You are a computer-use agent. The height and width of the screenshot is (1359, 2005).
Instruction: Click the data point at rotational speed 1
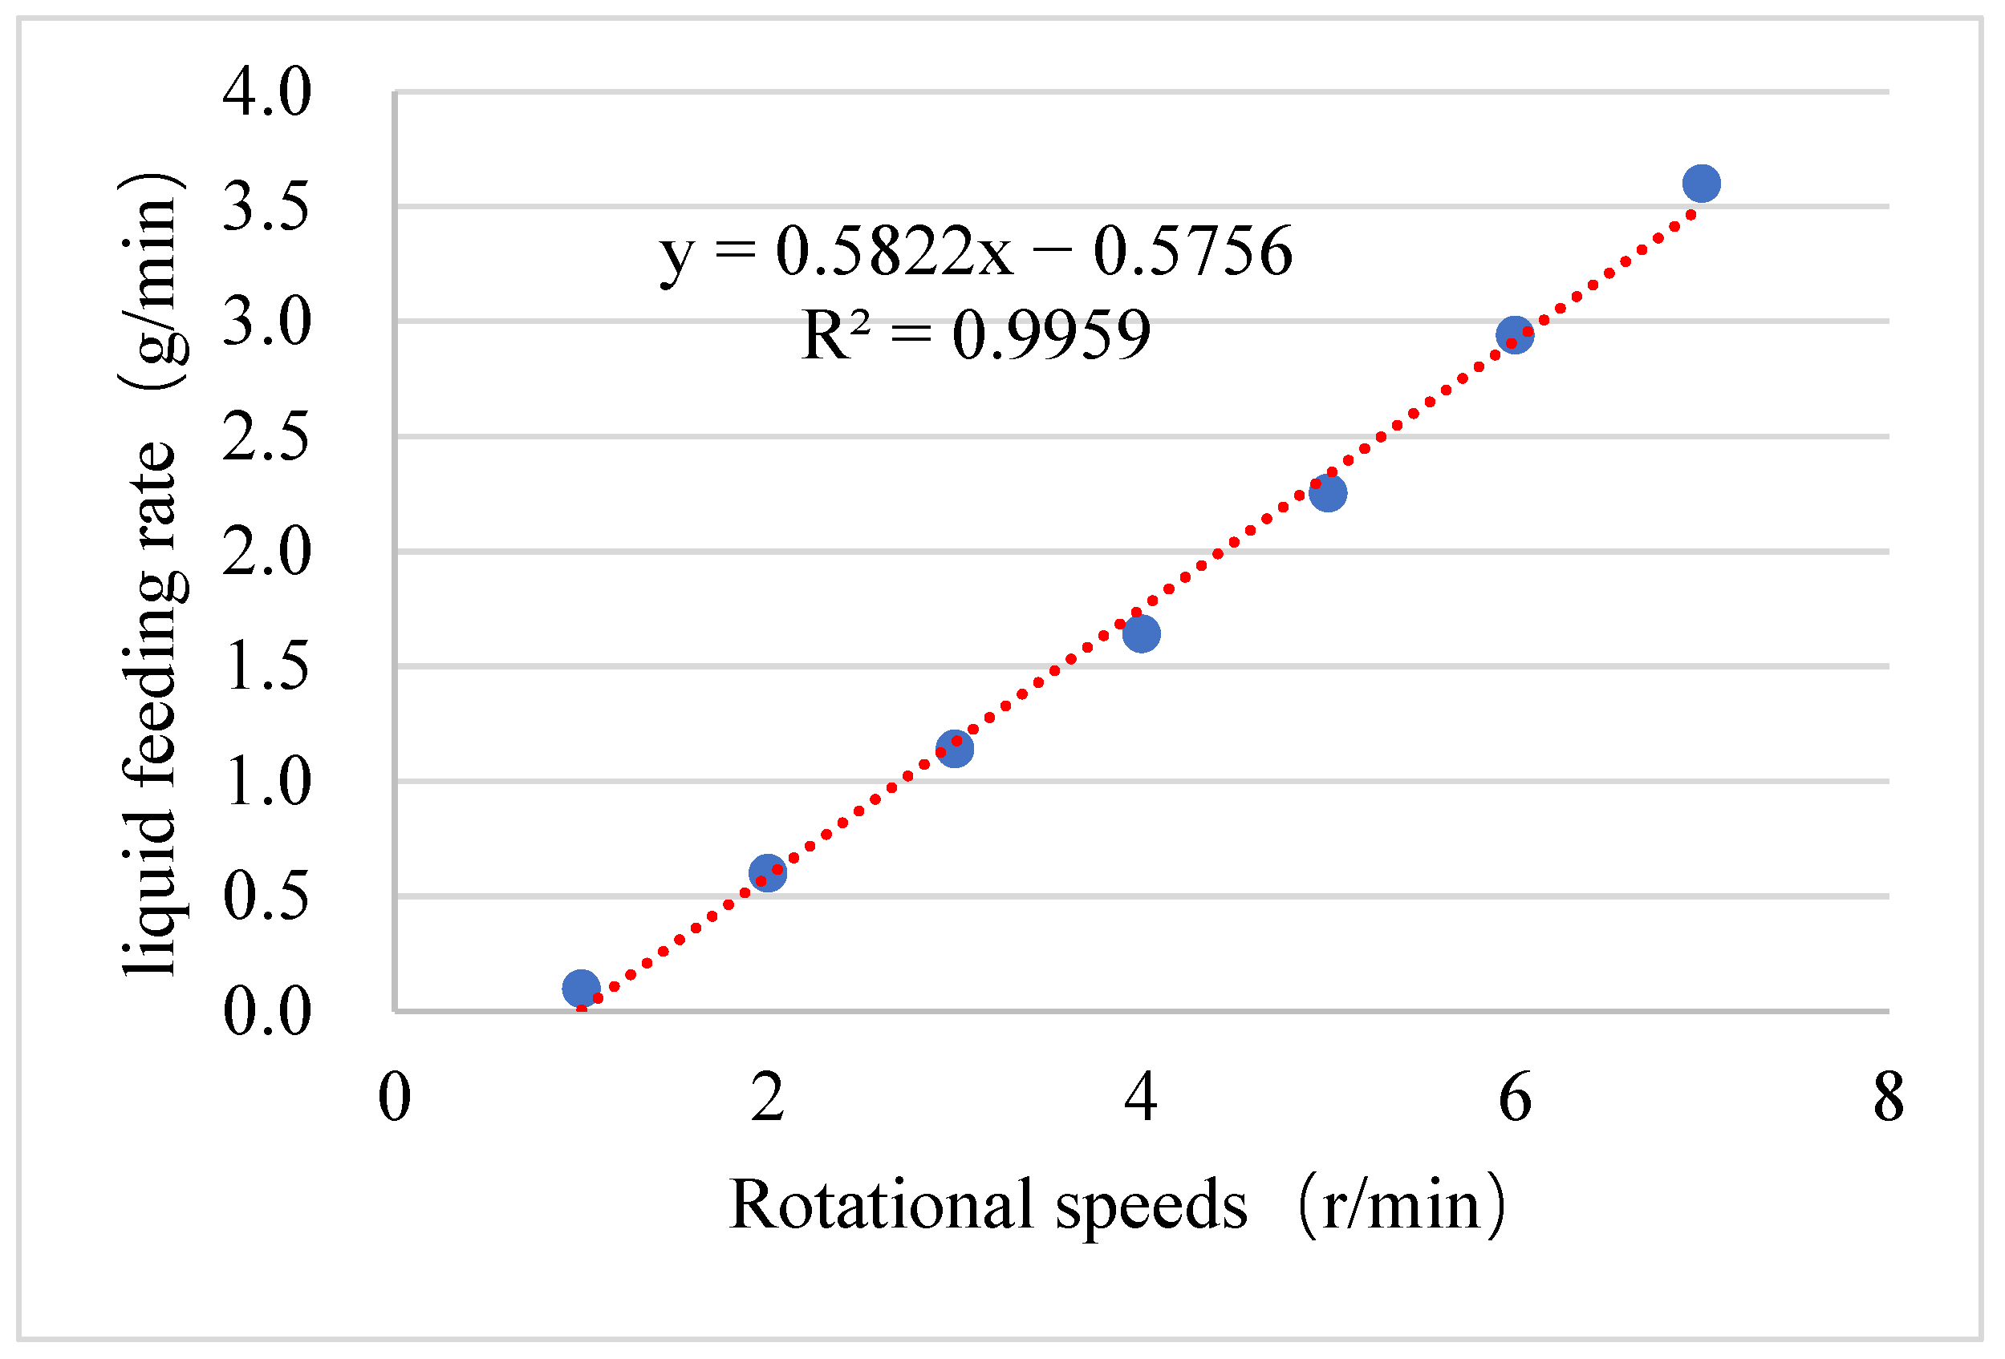(581, 989)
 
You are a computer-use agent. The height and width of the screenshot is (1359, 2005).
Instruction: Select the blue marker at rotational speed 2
(768, 873)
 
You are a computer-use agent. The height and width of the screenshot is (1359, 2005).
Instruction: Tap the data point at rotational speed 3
(954, 749)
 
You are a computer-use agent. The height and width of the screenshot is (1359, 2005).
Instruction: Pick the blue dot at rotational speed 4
(1142, 633)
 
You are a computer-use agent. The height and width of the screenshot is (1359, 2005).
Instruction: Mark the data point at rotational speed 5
(1328, 492)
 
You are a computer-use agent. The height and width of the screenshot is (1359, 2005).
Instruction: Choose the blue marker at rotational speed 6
(1515, 334)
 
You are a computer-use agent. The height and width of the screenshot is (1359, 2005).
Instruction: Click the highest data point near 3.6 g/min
(1701, 183)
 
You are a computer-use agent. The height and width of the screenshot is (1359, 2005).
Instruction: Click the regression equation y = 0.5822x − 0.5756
(976, 251)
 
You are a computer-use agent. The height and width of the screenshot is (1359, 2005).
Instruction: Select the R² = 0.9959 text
(976, 334)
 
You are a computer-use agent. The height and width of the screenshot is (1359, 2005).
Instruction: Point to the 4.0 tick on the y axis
(266, 91)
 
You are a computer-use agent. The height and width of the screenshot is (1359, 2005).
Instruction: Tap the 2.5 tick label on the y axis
(266, 436)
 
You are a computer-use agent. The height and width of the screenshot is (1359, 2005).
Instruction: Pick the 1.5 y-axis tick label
(266, 666)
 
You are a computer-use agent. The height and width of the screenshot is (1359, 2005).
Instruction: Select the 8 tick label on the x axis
(1889, 1098)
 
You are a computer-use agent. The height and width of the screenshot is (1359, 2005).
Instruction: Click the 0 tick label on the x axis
(394, 1098)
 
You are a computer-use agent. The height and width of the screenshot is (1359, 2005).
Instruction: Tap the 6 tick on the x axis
(1515, 1098)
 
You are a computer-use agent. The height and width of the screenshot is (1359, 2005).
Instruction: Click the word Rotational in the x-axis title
(880, 1203)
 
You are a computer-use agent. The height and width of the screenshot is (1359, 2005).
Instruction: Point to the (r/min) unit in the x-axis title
(1402, 1203)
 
